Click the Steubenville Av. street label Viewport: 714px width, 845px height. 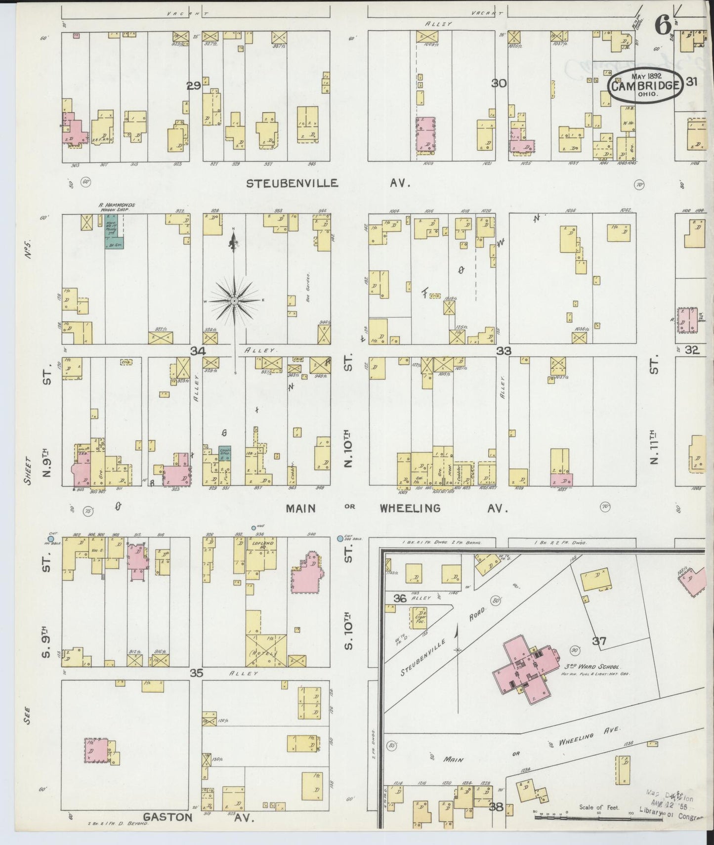tap(329, 183)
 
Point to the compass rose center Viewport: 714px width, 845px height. tap(234, 300)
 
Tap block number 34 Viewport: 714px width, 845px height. tap(198, 351)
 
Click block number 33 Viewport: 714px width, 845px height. tap(504, 351)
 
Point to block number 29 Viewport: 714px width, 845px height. tap(193, 86)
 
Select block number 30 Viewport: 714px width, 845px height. tap(499, 83)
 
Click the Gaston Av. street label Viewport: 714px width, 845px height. tap(197, 817)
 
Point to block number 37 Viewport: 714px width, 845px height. tap(599, 641)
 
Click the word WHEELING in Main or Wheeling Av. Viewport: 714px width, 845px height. tap(410, 508)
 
